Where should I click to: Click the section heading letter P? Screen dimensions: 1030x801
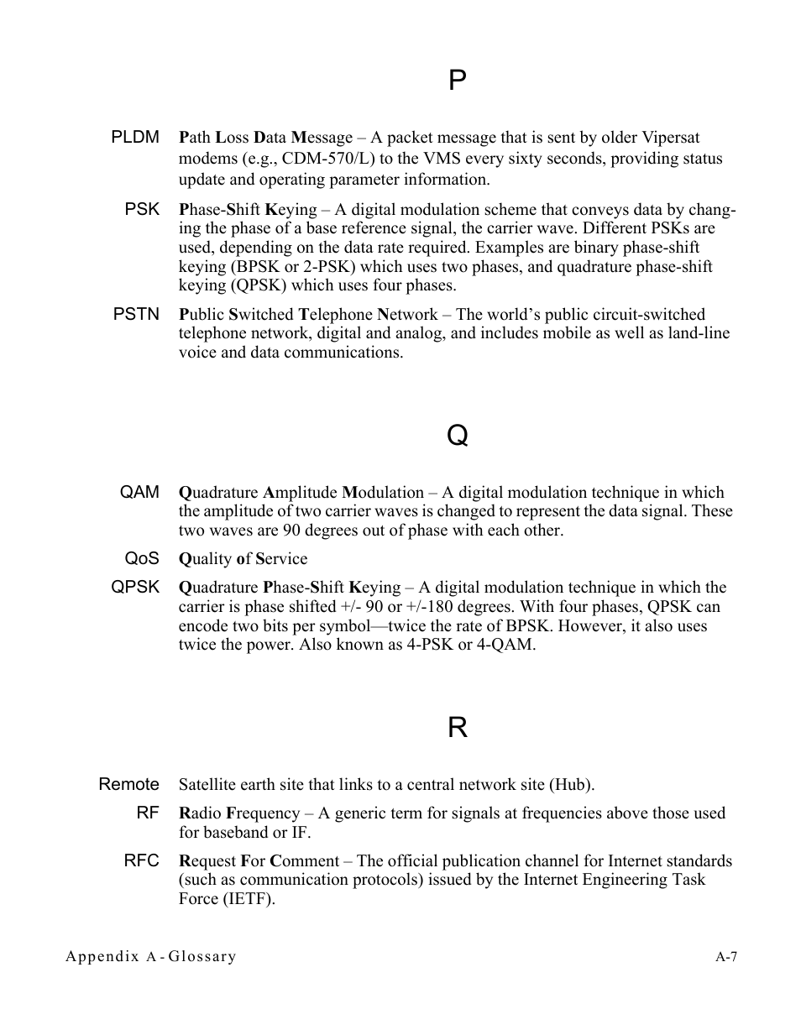click(x=457, y=81)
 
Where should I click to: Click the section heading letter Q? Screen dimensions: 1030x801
click(x=457, y=436)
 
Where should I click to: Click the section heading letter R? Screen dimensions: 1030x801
click(x=457, y=728)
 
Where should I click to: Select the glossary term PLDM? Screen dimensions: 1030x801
click(x=135, y=137)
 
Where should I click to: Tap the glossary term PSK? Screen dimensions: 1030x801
click(x=142, y=209)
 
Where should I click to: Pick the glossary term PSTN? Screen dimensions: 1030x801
click(x=136, y=314)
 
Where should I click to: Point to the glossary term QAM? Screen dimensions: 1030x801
click(x=139, y=493)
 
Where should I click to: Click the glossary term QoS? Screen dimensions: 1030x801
click(x=142, y=558)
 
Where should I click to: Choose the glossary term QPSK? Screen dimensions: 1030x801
click(x=135, y=588)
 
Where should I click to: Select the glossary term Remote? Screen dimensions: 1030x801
click(x=128, y=784)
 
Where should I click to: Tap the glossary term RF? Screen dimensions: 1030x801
click(x=148, y=813)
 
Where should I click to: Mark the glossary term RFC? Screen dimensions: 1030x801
click(x=142, y=860)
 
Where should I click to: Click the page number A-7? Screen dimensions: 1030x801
click(x=726, y=956)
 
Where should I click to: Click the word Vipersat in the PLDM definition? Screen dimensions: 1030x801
click(x=672, y=138)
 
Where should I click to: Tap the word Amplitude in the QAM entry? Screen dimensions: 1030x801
click(x=300, y=493)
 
